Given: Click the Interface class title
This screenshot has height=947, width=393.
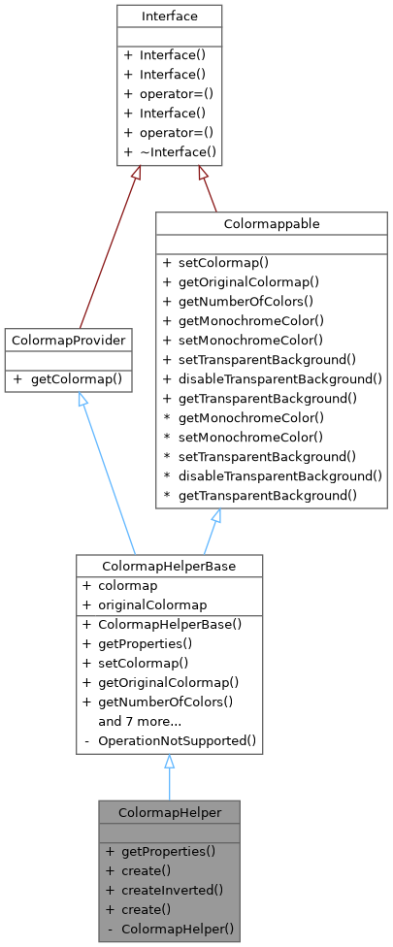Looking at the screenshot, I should (169, 16).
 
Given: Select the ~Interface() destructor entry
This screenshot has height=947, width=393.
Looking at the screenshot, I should (169, 153).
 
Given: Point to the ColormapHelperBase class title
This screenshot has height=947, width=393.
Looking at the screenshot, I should (169, 565).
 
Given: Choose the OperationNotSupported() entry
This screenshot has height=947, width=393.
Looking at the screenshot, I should (177, 740).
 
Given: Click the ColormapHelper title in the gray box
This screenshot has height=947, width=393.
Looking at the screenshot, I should (169, 811).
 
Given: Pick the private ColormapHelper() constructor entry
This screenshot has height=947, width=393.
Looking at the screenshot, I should (177, 929).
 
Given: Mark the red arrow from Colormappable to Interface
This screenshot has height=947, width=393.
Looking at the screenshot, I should (208, 189).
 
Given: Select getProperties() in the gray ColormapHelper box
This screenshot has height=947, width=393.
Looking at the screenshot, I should (168, 851).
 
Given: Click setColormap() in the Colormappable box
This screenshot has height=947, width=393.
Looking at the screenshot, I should (215, 262).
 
